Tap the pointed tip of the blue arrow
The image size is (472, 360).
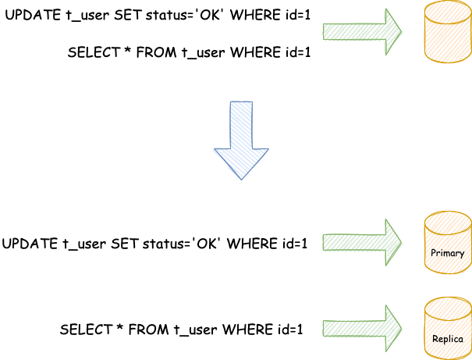(241, 178)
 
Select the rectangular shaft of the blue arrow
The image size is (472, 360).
(241, 123)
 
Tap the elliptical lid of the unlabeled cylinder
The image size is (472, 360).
(447, 11)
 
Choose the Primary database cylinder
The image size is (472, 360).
(447, 243)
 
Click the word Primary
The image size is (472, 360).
(447, 254)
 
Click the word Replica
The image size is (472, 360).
(447, 339)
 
